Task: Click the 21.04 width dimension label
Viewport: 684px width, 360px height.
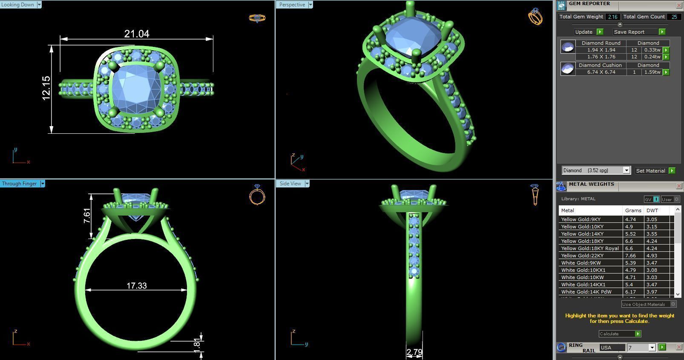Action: pyautogui.click(x=136, y=34)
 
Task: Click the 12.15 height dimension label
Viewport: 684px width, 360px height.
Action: pyautogui.click(x=46, y=88)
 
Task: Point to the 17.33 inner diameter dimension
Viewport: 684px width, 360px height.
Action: pyautogui.click(x=136, y=285)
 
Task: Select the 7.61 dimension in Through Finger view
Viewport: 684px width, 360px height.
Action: pyautogui.click(x=87, y=216)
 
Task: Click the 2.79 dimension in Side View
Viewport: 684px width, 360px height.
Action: pyautogui.click(x=414, y=352)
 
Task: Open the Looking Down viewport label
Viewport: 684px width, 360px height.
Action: pyautogui.click(x=18, y=5)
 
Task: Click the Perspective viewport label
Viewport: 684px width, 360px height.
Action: pyautogui.click(x=292, y=5)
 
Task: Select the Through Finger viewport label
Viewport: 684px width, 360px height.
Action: pyautogui.click(x=20, y=184)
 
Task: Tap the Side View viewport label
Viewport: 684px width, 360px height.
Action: pyautogui.click(x=290, y=184)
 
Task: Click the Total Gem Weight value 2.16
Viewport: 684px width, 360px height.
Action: pyautogui.click(x=612, y=17)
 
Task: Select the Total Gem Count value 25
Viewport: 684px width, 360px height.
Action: pyautogui.click(x=674, y=17)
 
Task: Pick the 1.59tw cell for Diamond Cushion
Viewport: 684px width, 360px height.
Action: pyautogui.click(x=652, y=72)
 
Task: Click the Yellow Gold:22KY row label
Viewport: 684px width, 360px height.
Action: pyautogui.click(x=582, y=256)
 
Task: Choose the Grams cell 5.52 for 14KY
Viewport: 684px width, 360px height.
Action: pyautogui.click(x=630, y=234)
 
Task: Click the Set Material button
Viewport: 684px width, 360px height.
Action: pyautogui.click(x=650, y=171)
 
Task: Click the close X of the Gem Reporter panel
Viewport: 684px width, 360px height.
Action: pyautogui.click(x=679, y=5)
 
